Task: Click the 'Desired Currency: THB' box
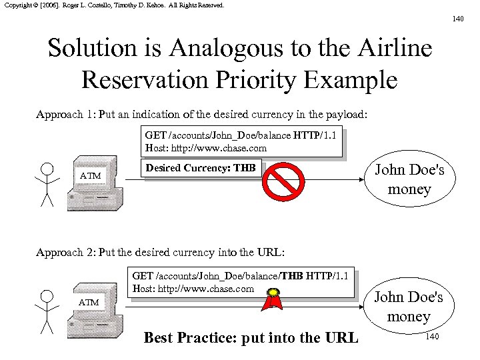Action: pos(201,168)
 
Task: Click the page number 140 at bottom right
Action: pos(432,337)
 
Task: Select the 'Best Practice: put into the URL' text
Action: pos(251,338)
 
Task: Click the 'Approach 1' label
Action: pos(65,114)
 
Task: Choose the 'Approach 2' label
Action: pos(65,253)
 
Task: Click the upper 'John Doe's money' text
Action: pos(409,179)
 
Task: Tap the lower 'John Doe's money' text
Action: pos(409,307)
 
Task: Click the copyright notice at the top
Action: pos(114,5)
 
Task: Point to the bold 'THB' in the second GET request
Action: pos(291,276)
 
